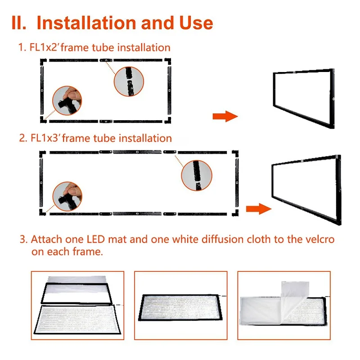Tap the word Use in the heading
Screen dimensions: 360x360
[x=196, y=23]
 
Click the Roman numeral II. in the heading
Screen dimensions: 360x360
[x=19, y=23]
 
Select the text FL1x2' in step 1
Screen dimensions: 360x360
[x=44, y=48]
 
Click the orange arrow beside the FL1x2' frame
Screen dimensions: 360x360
[x=225, y=116]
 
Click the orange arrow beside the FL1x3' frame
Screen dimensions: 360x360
[x=259, y=209]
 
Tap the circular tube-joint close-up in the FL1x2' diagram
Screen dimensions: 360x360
[x=129, y=81]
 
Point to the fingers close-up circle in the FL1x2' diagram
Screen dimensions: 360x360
[x=67, y=100]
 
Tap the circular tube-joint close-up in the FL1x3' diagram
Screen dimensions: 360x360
[x=197, y=175]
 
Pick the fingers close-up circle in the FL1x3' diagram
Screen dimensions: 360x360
[x=67, y=196]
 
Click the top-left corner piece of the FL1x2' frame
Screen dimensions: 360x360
[x=43, y=62]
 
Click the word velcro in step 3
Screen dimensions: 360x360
[x=320, y=239]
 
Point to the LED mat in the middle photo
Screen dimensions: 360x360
[x=180, y=307]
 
